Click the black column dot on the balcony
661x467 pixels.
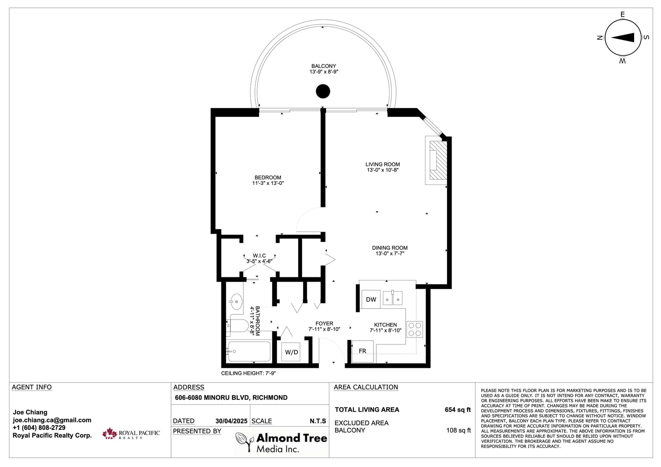point(323,91)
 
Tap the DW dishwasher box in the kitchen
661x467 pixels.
point(371,299)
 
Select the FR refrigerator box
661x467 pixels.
point(363,351)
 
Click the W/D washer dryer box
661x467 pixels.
point(291,352)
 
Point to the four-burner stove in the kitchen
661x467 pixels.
point(415,329)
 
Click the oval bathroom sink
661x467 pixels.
point(236,301)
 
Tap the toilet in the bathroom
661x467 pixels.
point(238,326)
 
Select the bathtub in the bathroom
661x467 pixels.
point(250,351)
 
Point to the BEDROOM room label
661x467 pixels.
point(268,178)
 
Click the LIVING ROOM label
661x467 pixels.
point(383,164)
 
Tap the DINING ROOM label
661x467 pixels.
point(390,248)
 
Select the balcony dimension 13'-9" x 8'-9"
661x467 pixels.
point(324,72)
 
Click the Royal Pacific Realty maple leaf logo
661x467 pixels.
point(109,434)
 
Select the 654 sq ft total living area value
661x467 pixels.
point(458,410)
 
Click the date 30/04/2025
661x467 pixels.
point(231,421)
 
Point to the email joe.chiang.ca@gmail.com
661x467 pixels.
point(52,420)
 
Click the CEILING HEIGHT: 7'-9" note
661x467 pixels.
point(248,373)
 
